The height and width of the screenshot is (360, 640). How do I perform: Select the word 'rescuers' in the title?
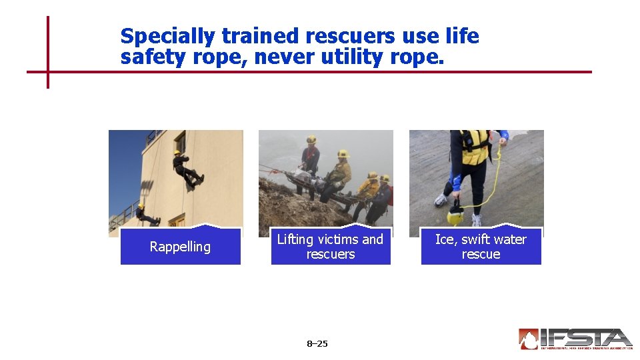[345, 36]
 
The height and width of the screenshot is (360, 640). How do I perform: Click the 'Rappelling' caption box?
[180, 247]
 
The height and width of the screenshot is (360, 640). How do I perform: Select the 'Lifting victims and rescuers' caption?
[330, 247]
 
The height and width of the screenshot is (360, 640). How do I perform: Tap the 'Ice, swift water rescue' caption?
[481, 247]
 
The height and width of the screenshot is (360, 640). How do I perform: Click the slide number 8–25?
[317, 344]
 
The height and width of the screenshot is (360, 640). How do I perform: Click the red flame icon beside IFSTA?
[528, 339]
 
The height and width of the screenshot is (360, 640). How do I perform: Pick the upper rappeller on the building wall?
[186, 169]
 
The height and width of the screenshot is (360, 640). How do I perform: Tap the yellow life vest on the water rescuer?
[475, 147]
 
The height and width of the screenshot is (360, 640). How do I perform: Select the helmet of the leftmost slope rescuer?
[311, 140]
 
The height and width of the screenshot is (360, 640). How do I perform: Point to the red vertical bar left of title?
[48, 52]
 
